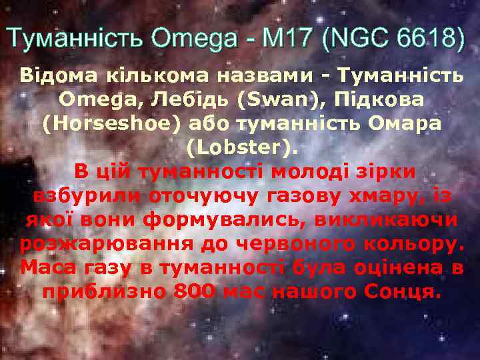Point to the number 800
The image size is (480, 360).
click(194, 292)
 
